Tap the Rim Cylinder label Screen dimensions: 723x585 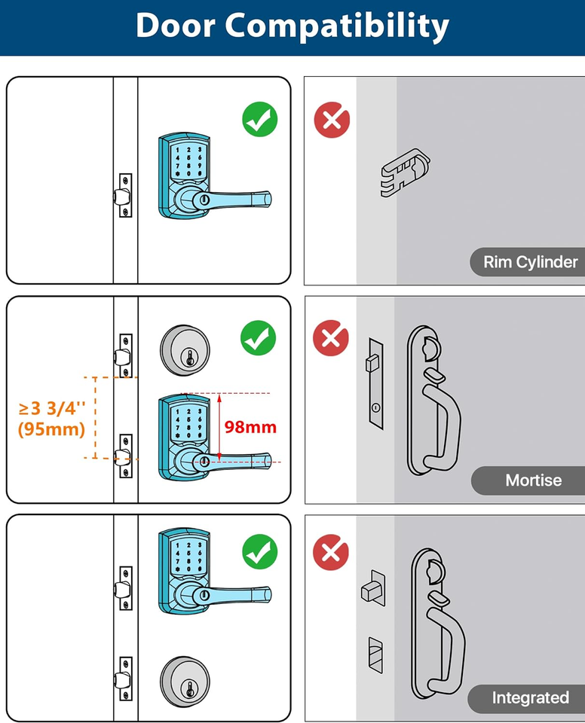point(530,262)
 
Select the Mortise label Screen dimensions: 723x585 point(533,480)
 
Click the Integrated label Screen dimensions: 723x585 point(530,698)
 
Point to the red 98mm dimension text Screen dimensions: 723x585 point(250,427)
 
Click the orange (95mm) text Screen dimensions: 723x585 point(51,429)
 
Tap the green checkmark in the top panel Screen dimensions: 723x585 point(259,119)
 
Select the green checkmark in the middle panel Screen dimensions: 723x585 point(259,337)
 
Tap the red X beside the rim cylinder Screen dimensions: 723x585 point(332,119)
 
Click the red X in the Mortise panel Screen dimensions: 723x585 point(331,337)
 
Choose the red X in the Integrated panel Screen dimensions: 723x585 point(331,553)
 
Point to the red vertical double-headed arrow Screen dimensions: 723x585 point(218,427)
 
